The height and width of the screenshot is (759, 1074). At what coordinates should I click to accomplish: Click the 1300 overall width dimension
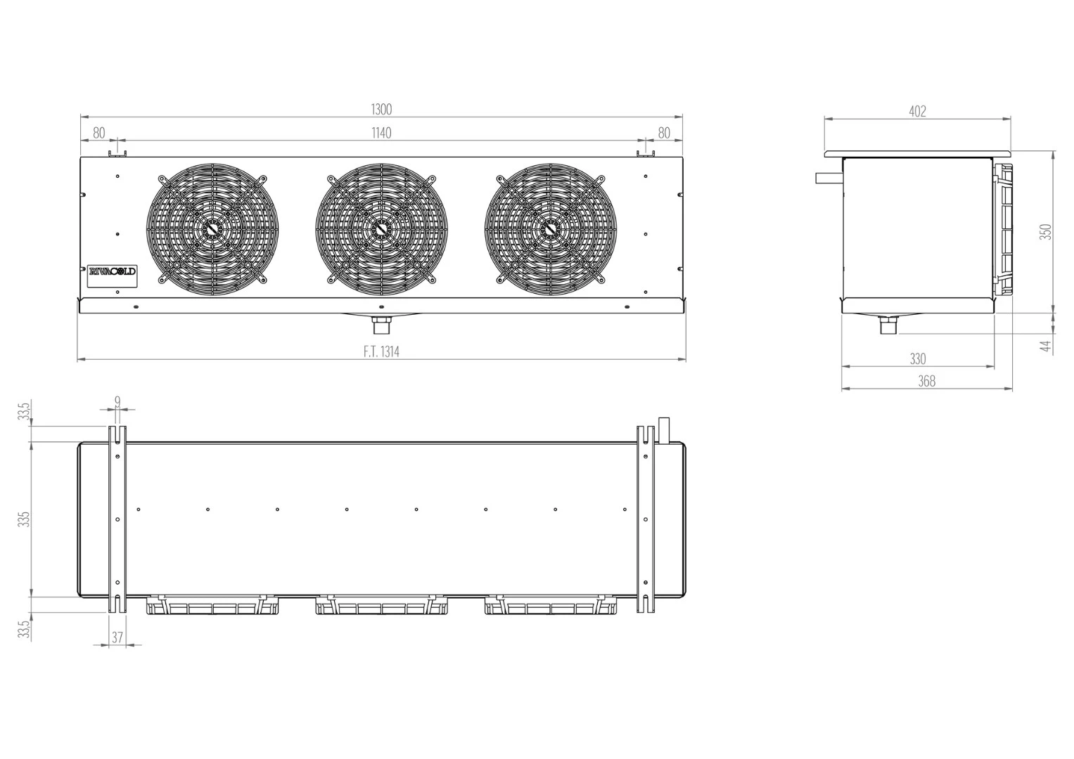point(381,110)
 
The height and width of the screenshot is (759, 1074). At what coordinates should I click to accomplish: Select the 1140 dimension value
point(381,133)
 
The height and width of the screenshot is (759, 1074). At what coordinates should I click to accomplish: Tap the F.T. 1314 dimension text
point(381,351)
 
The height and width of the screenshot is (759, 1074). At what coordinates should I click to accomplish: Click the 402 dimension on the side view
point(917,111)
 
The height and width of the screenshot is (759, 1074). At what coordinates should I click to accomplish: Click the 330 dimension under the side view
point(918,358)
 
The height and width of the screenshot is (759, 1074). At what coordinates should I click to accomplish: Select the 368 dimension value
point(927,381)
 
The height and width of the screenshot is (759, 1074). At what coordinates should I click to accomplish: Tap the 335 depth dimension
point(24,519)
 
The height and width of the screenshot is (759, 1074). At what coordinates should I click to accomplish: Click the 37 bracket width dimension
point(117,637)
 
